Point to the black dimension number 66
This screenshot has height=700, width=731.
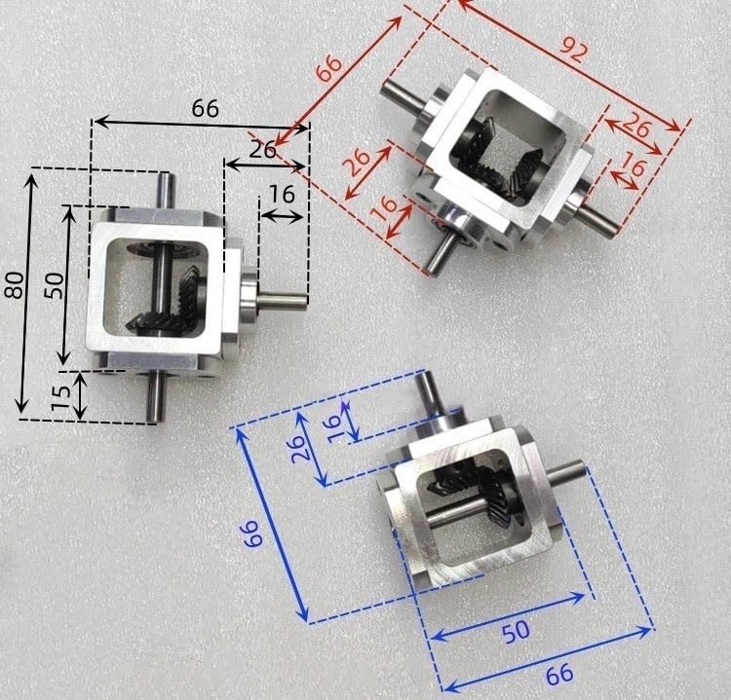[x=205, y=108]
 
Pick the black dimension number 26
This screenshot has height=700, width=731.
[x=261, y=150]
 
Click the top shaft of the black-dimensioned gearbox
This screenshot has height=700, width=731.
[x=167, y=190]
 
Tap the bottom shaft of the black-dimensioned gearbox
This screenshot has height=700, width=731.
[x=156, y=397]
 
